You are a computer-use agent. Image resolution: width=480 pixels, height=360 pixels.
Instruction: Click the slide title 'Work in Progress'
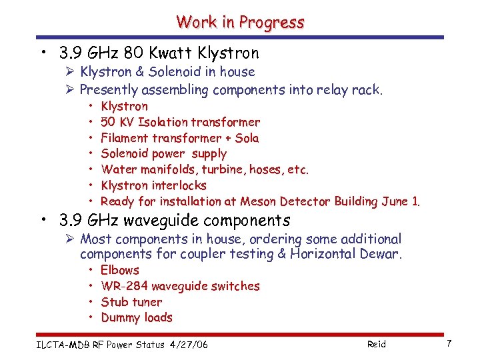[240, 22]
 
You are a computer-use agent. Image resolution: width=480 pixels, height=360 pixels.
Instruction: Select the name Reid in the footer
[376, 344]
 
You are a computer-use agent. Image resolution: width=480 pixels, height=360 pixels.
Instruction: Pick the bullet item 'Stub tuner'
[131, 302]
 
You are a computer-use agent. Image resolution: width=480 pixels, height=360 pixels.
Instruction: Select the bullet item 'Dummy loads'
[137, 318]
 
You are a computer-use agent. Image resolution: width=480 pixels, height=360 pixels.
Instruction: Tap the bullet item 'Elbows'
[120, 270]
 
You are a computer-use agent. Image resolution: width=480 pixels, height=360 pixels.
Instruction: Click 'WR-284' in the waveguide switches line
[125, 286]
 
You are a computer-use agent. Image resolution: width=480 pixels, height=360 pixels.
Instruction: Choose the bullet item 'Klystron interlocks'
[153, 185]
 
